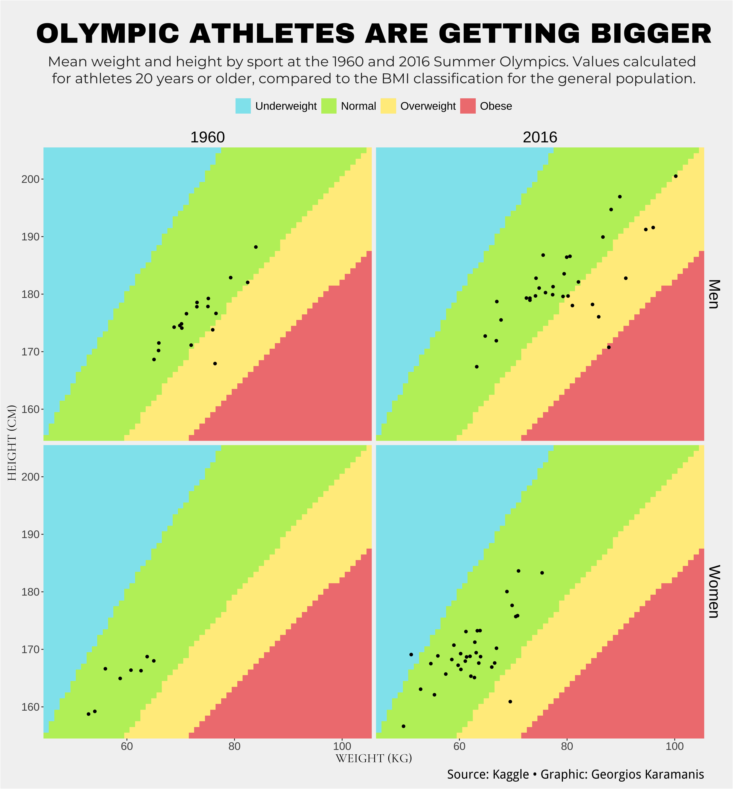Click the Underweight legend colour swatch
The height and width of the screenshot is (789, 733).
click(x=243, y=106)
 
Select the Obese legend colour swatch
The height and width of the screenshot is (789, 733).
click(x=468, y=106)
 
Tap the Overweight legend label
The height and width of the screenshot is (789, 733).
click(x=428, y=106)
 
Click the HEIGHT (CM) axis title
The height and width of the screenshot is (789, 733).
click(x=12, y=443)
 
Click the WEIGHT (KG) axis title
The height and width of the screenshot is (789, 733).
click(x=374, y=758)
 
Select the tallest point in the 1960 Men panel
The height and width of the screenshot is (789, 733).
click(x=256, y=247)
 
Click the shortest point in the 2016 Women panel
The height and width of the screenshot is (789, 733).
click(x=404, y=726)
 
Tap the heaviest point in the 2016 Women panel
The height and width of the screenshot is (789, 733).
click(x=542, y=572)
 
